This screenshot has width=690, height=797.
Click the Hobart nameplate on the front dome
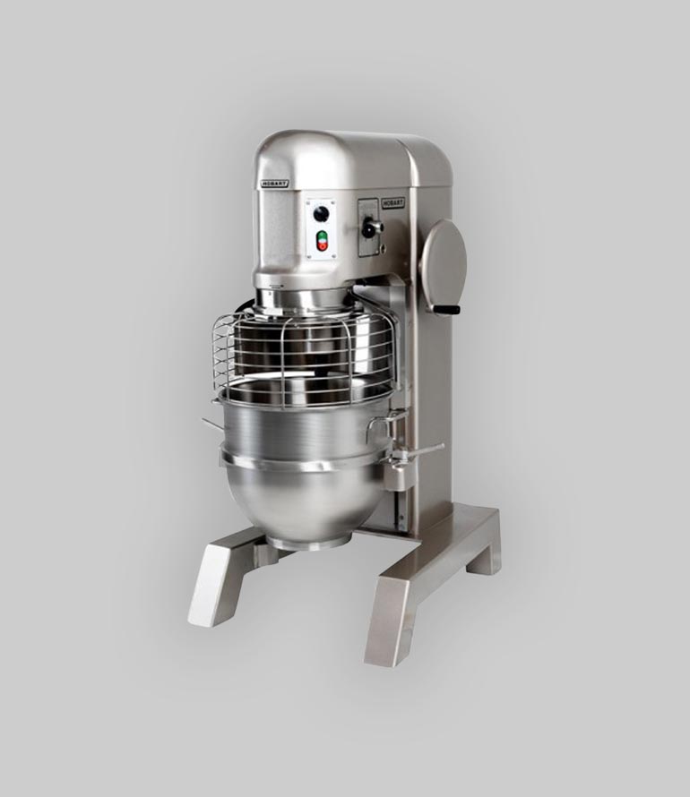(275, 183)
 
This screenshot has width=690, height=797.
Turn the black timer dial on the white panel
(320, 214)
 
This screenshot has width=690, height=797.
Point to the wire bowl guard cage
(304, 356)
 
